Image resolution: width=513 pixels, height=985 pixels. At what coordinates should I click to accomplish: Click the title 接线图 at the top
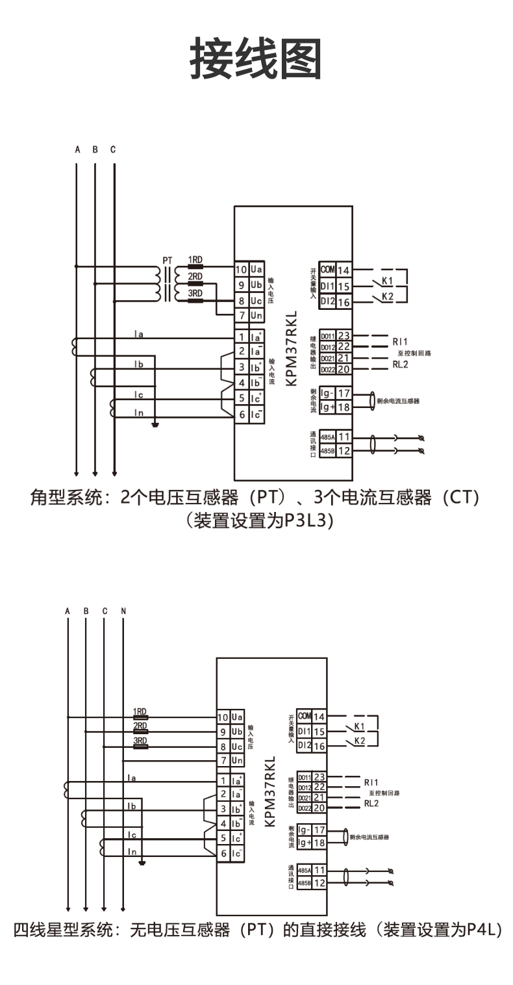[256, 58]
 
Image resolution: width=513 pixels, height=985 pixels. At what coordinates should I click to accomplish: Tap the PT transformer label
[168, 261]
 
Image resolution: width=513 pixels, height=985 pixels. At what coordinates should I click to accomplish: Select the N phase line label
[123, 611]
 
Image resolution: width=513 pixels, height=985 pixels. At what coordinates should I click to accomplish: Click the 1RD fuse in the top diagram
[195, 260]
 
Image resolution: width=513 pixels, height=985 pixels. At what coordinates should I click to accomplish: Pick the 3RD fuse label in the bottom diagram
[140, 741]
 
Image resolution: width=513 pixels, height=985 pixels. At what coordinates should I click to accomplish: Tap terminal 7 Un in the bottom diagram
[231, 760]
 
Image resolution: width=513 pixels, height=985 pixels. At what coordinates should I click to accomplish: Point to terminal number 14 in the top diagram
[343, 270]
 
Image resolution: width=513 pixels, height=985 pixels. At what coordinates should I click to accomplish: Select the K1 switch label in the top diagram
[387, 281]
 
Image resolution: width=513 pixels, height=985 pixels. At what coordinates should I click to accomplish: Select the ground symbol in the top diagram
[155, 426]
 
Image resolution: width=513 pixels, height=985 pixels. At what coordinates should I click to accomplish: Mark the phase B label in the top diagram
[95, 149]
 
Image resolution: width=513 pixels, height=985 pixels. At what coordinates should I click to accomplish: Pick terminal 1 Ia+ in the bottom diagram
[231, 780]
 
